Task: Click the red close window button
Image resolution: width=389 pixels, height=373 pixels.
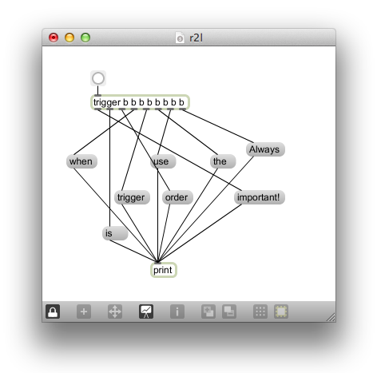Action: pos(54,38)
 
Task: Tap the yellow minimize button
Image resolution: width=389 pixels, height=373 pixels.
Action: pos(69,38)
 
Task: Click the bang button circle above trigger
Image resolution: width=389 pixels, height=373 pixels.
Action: pos(98,78)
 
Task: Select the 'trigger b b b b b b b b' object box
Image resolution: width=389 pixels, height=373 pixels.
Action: pos(140,102)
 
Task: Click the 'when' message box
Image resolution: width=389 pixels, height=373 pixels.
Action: pos(81,161)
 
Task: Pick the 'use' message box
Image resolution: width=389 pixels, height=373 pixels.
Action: pos(163,161)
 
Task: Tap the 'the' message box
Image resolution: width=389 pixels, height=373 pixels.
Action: pos(223,161)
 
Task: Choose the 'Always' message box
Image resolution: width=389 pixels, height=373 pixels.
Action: pos(265,149)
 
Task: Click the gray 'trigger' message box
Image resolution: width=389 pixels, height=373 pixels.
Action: pos(132,197)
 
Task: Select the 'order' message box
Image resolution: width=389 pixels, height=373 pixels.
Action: pos(177,197)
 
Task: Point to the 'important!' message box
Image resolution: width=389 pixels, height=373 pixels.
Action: pos(260,197)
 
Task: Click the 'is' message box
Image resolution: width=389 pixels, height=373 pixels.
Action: pos(115,233)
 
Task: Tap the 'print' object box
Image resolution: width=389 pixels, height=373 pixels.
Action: pos(164,270)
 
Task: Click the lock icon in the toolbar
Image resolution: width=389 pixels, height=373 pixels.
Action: pos(53,311)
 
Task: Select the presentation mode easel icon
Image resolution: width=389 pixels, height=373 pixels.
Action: pos(146,311)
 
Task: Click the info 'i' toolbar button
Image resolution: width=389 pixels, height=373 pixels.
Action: pos(177,311)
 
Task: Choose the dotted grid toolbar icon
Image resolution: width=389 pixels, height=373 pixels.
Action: pos(260,311)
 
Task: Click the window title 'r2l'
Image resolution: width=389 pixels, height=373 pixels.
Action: pos(196,38)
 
